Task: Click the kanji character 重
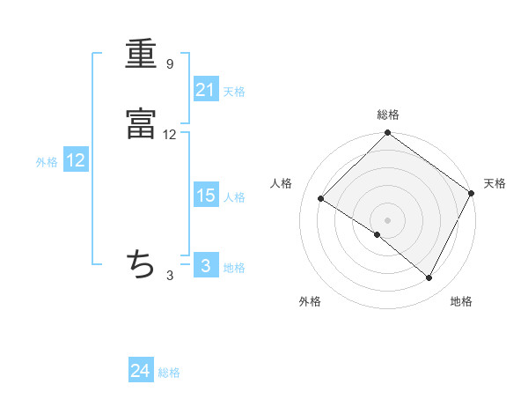pos(141,55)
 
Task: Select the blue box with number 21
pos(206,90)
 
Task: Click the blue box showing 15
pos(206,196)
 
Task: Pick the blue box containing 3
pos(206,266)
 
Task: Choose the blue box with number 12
pos(76,160)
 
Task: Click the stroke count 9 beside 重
pos(170,64)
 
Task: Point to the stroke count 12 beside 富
pos(170,135)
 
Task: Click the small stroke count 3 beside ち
pos(170,276)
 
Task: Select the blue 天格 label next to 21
pos(234,91)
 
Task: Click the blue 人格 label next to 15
pos(234,196)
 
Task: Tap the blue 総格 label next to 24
pos(169,373)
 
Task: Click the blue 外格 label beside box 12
pos(47,161)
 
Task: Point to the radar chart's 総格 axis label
pos(388,115)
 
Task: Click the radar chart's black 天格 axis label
pos(495,183)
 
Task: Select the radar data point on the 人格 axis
pos(321,199)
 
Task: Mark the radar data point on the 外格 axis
pos(377,235)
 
